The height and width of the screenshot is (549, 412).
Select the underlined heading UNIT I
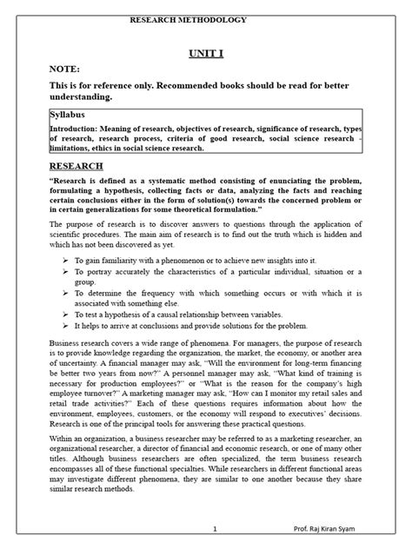pos(206,54)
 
